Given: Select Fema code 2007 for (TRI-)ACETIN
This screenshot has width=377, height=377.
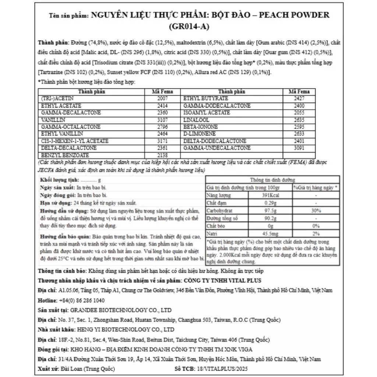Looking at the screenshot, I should click(162, 99).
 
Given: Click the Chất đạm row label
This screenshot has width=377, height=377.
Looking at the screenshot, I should click(216, 203).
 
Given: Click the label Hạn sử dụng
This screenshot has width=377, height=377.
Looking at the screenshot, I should click(51, 203).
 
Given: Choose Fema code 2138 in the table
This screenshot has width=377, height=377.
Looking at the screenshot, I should click(162, 155).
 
